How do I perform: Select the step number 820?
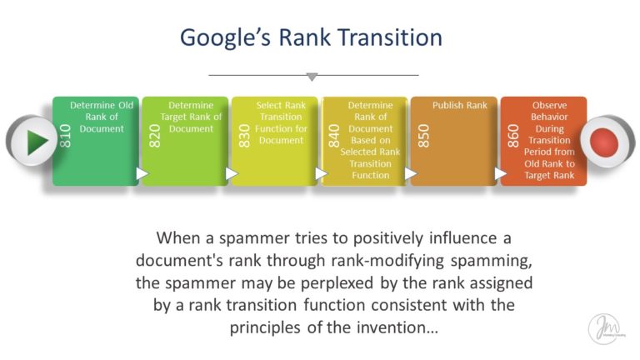coord(155,136)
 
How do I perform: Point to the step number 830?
coord(244,136)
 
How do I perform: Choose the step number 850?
coord(423,136)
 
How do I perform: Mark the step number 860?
coord(512,136)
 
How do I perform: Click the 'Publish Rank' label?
coord(460,106)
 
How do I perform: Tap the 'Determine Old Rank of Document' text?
coord(102,117)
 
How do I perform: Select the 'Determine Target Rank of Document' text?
coord(191,117)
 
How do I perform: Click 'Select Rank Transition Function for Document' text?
coord(281,122)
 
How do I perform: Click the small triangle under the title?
coord(312,77)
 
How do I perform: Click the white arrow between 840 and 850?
coord(409,173)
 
